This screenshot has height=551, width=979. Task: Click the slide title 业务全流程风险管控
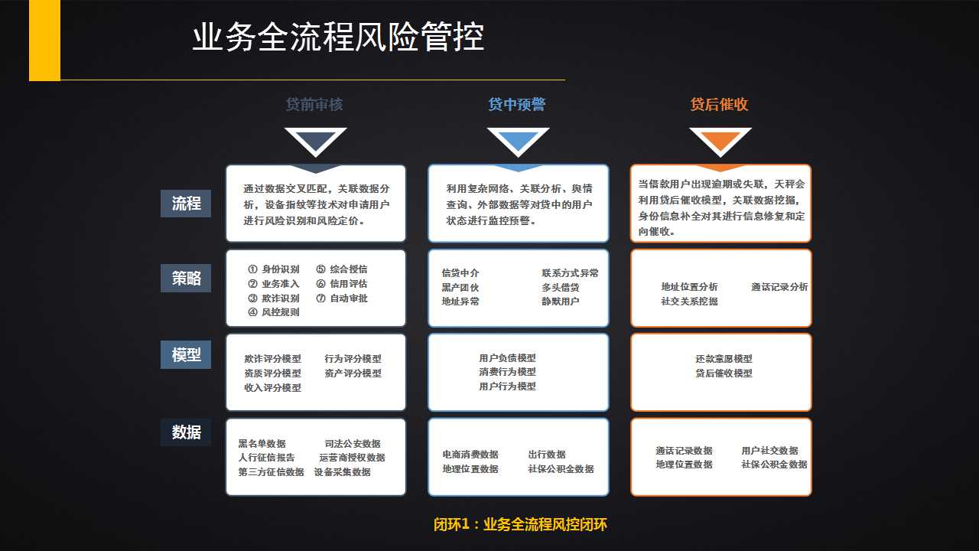coord(338,37)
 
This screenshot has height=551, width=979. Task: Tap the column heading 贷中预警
coord(516,105)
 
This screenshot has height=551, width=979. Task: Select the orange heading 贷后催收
coord(720,105)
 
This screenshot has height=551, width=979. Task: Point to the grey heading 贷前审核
coord(314,105)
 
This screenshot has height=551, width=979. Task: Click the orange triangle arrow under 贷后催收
coord(720,140)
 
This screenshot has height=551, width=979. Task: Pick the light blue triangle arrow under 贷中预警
coord(519,140)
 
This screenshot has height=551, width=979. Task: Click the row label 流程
coord(186,204)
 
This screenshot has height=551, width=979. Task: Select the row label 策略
coord(186,278)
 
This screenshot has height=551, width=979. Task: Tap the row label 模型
coord(186,354)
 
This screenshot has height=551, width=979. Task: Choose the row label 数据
coord(186,432)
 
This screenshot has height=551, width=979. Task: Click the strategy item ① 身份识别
coord(274,269)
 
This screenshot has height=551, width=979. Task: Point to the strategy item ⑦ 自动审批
coord(342,298)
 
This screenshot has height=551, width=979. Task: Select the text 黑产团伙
coord(460,287)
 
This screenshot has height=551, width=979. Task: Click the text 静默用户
coord(561,302)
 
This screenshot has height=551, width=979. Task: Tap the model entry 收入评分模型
coord(273,387)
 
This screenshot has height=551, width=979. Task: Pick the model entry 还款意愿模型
coord(724,359)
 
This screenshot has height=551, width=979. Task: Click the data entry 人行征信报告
coord(267,458)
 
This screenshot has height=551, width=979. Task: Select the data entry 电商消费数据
coord(470,455)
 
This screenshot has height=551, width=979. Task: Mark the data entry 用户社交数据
coord(769,451)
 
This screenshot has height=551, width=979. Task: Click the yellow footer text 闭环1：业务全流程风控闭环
coord(520,524)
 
